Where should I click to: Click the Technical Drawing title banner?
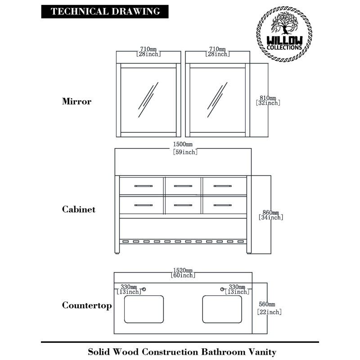tap(105, 12)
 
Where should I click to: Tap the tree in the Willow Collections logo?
tap(285, 23)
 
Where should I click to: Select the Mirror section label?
tap(76, 101)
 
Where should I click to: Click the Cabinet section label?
tap(78, 209)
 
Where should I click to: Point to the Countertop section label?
tap(87, 306)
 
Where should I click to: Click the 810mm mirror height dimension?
tap(268, 100)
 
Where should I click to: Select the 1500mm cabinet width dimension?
tap(185, 148)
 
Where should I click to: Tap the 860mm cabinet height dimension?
tap(271, 215)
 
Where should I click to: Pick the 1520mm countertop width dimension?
tap(183, 273)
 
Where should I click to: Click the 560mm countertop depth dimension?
tap(269, 308)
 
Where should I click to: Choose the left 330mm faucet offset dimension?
tap(129, 289)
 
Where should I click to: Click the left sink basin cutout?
tap(144, 309)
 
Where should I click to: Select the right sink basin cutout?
tap(222, 309)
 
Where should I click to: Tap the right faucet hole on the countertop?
tap(222, 289)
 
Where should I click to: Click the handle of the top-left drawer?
tap(144, 186)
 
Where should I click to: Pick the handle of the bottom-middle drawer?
tap(183, 205)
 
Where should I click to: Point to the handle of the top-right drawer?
tap(223, 186)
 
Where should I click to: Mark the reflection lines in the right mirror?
tap(217, 100)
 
